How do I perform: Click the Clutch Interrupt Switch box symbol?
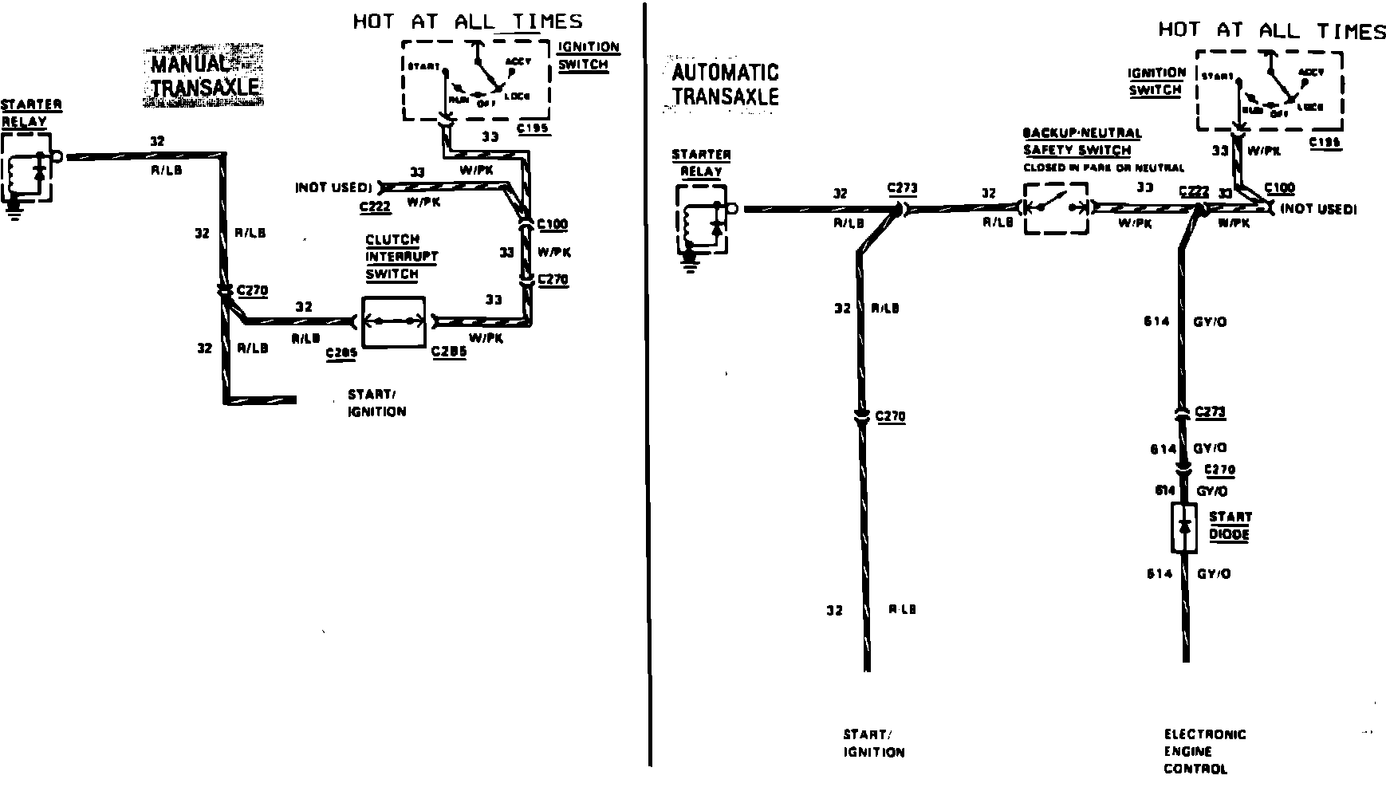(x=393, y=322)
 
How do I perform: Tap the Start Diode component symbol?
(x=1184, y=528)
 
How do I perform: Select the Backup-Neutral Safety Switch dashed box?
(x=1056, y=207)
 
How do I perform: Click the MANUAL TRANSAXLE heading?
(x=205, y=77)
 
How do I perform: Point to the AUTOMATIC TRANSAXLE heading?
(x=725, y=85)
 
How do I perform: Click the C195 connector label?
(x=533, y=128)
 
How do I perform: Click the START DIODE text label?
(x=1230, y=525)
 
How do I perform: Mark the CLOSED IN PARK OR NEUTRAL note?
(x=1104, y=168)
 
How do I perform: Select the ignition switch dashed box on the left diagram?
(x=476, y=80)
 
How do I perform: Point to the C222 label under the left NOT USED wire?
(x=374, y=207)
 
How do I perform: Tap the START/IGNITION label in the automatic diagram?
(x=874, y=743)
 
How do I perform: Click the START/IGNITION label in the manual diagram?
(x=376, y=403)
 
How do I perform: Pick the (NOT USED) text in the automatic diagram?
(x=1317, y=209)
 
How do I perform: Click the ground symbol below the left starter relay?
(x=13, y=211)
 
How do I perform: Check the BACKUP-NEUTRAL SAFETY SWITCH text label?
(x=1081, y=141)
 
